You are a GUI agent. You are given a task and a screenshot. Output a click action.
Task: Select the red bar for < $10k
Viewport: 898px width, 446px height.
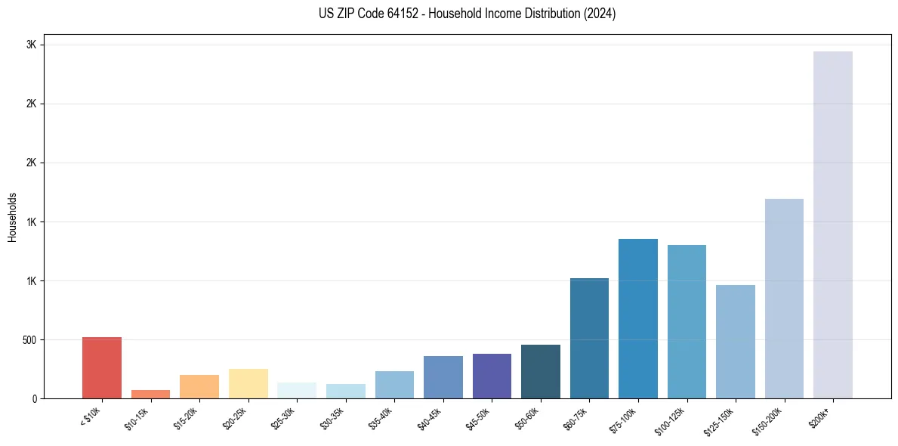[x=102, y=367]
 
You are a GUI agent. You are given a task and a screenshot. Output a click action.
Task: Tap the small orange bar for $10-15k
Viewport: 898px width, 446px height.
[x=150, y=394]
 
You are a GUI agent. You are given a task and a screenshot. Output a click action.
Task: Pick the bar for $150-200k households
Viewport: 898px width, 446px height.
[x=784, y=299]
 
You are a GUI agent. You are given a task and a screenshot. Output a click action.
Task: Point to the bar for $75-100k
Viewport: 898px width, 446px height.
[x=638, y=318]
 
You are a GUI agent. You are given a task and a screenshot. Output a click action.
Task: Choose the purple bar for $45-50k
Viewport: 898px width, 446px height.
[x=492, y=376]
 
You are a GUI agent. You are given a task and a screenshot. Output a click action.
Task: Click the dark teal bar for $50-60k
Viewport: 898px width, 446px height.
[x=541, y=371]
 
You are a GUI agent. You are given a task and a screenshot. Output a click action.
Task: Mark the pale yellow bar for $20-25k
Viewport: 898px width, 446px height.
[x=248, y=383]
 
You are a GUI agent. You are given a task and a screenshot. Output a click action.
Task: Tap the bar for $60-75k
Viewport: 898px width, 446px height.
[x=589, y=338]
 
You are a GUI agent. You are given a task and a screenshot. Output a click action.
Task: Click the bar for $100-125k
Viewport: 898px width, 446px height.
[x=687, y=321]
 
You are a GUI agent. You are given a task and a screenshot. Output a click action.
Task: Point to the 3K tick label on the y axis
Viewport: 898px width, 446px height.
[x=31, y=45]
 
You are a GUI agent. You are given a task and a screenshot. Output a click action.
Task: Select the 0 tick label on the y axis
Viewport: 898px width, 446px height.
[x=35, y=398]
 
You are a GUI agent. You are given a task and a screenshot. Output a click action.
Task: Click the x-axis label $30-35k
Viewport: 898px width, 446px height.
[x=332, y=418]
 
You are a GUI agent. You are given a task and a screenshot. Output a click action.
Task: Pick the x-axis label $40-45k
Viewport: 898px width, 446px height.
[x=430, y=418]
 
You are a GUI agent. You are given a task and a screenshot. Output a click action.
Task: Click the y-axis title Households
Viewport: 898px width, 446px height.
[x=12, y=217]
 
